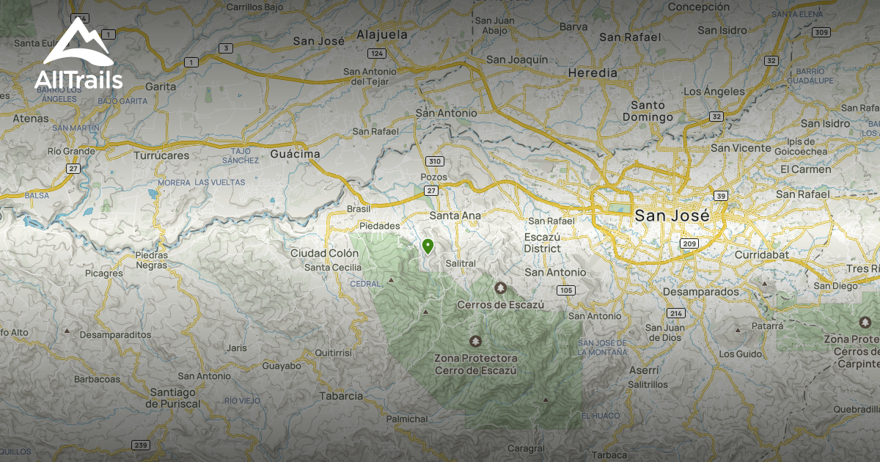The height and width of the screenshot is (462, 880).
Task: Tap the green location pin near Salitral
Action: pyautogui.click(x=428, y=246)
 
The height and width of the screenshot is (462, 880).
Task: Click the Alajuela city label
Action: pyautogui.click(x=381, y=34)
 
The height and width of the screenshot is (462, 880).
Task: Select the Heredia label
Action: pyautogui.click(x=593, y=73)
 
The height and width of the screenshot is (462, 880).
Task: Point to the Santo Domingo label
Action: pyautogui.click(x=648, y=111)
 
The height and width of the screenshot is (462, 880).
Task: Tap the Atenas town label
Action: pyautogui.click(x=31, y=118)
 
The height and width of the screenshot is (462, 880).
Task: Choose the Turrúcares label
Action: pyautogui.click(x=161, y=155)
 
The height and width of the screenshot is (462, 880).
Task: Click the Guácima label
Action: pyautogui.click(x=296, y=154)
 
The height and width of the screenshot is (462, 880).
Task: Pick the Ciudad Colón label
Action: pyautogui.click(x=325, y=253)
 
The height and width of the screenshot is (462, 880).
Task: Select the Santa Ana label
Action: pyautogui.click(x=455, y=216)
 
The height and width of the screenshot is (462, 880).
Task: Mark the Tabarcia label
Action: pyautogui.click(x=341, y=396)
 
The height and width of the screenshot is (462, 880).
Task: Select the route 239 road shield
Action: pyautogui.click(x=141, y=445)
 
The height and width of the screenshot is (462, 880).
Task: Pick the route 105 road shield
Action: pyautogui.click(x=565, y=290)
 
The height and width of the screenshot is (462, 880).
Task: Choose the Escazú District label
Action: pyautogui.click(x=543, y=243)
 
